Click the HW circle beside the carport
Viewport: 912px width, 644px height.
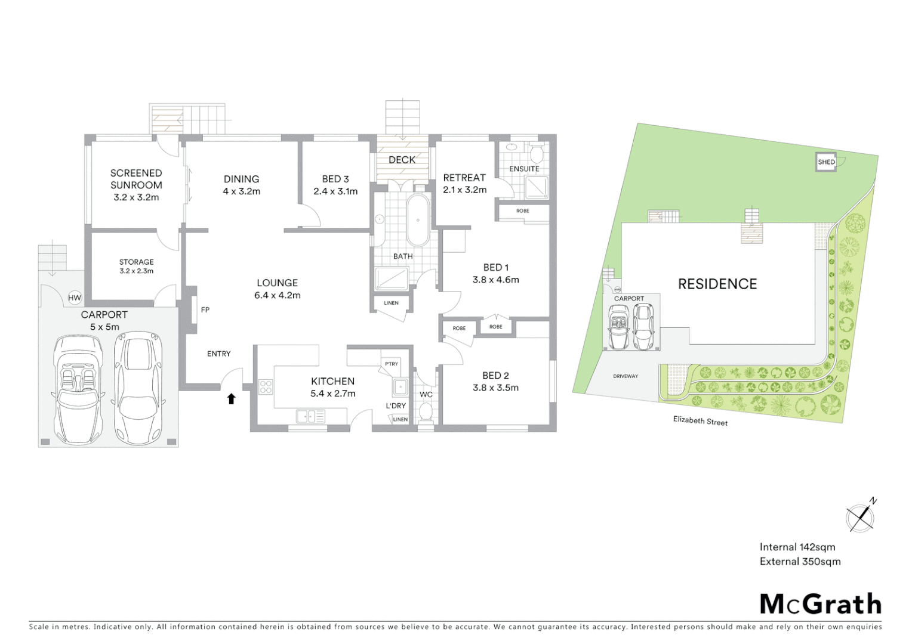click(75, 298)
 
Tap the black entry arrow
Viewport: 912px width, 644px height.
click(231, 398)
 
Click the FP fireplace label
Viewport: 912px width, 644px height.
click(205, 310)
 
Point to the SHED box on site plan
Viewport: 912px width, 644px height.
click(826, 162)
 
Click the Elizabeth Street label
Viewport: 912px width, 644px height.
click(700, 421)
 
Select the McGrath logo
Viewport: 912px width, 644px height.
click(820, 604)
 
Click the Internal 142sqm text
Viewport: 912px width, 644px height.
click(797, 547)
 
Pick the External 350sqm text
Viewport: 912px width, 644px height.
click(800, 561)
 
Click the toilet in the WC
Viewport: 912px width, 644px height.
click(426, 411)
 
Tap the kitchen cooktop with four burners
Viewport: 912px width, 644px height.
click(266, 386)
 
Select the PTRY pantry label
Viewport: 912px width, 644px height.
click(392, 364)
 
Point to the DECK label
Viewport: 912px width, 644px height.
click(402, 160)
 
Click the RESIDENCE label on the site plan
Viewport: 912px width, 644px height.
click(717, 284)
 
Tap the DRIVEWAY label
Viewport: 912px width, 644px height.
click(625, 376)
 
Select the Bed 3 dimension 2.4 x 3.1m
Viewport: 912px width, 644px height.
click(335, 191)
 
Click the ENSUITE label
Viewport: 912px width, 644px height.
click(524, 169)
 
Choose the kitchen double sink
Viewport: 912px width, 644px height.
click(310, 416)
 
